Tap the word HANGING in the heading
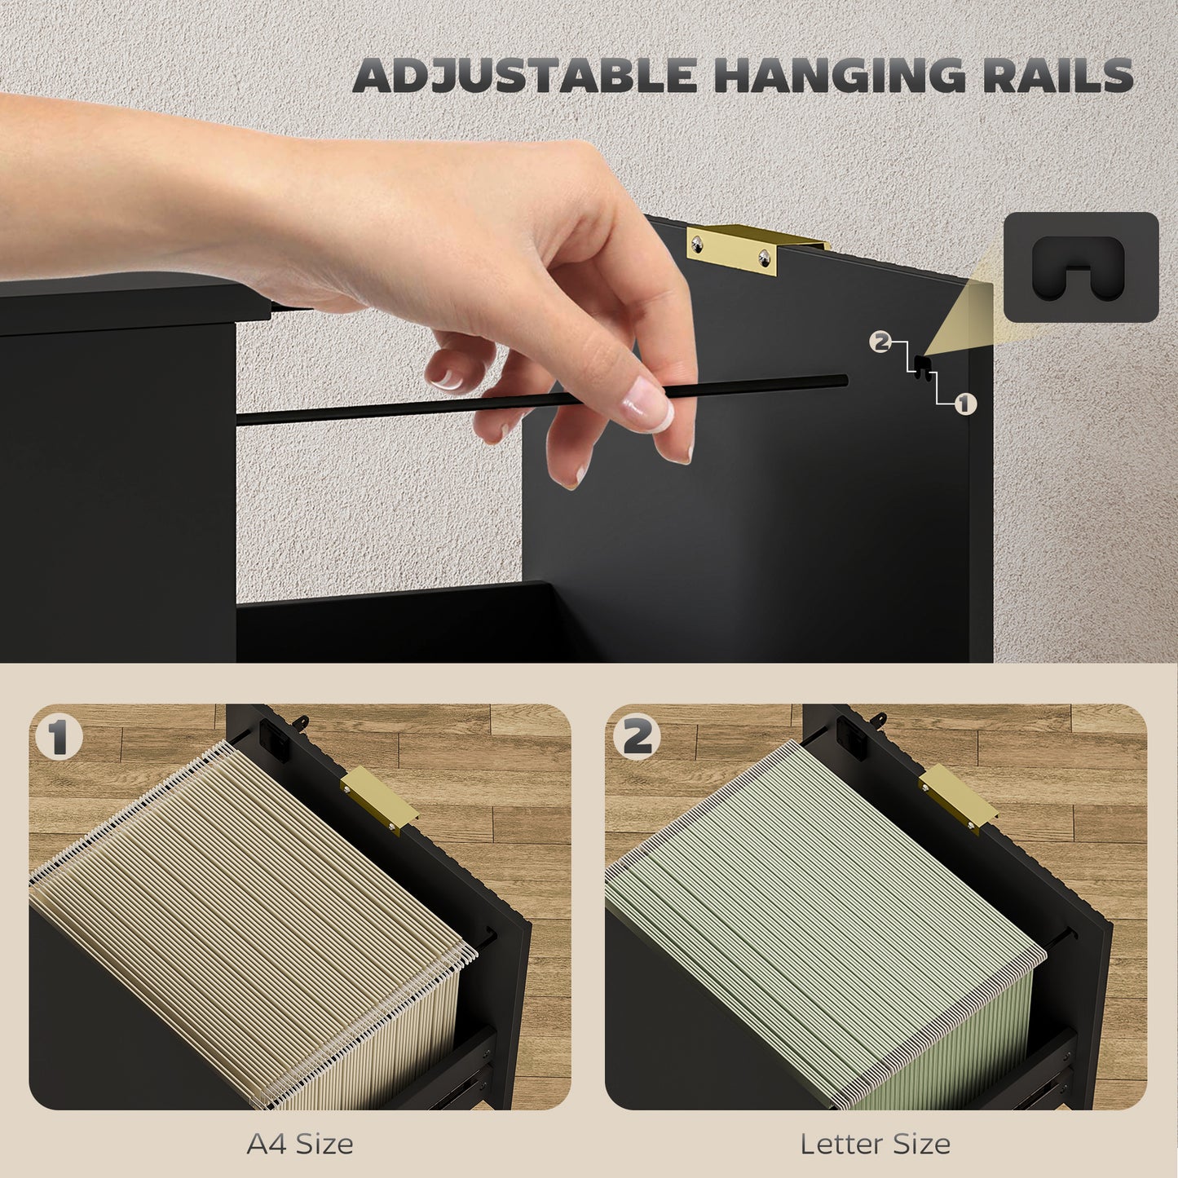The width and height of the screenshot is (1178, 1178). pos(840,77)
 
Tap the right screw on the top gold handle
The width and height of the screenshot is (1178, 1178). pos(765,259)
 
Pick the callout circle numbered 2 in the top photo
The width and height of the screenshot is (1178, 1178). pos(880,342)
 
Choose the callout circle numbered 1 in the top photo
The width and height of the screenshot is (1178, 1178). pos(965,404)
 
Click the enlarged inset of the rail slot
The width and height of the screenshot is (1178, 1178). pos(1080,267)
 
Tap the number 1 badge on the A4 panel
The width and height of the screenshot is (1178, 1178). pos(59,738)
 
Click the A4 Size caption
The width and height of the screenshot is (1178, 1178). pos(300,1144)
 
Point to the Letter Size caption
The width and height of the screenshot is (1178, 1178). pos(875,1144)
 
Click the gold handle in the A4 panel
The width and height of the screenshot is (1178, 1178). pos(377,801)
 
